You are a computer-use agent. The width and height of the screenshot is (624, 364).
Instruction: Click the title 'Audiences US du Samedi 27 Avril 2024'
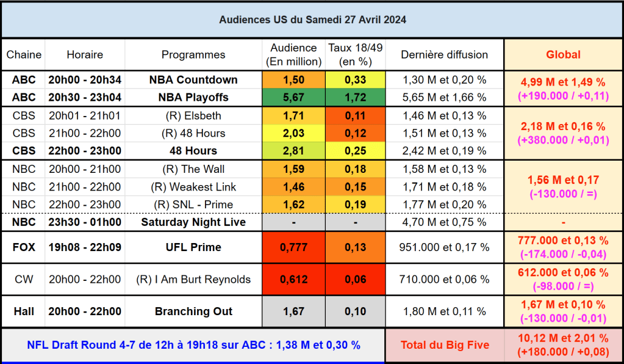pos(312,20)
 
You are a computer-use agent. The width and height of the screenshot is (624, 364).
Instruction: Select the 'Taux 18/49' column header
pos(355,54)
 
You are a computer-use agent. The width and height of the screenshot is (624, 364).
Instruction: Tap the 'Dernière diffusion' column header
pos(444,54)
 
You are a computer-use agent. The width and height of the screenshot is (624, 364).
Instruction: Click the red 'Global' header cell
pos(562,54)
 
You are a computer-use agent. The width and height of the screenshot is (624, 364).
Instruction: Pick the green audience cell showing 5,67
pos(293,97)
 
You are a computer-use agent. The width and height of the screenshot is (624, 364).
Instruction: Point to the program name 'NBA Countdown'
pos(193,80)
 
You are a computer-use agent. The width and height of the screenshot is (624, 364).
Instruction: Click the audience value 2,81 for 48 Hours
pos(293,150)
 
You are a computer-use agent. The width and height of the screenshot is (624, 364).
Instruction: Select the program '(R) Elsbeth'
pos(193,115)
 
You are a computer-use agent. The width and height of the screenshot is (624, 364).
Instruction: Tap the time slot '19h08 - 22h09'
pos(85,247)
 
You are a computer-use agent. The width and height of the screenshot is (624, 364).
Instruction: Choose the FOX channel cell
pos(24,247)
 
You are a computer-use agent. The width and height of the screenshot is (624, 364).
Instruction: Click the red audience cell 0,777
pos(293,247)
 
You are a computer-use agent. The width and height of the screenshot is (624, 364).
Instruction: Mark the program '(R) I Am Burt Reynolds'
pos(193,279)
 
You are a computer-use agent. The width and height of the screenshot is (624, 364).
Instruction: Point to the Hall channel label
pos(24,311)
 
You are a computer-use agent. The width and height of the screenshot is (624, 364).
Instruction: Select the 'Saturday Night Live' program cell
pos(193,222)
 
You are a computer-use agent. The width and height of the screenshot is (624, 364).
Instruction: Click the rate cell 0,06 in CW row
pos(355,279)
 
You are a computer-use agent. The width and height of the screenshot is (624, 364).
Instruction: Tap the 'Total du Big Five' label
pos(445,345)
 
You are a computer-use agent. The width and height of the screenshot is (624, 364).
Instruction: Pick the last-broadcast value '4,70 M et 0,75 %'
pos(444,222)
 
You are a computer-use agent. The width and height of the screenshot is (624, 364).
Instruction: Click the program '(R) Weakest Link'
pos(193,187)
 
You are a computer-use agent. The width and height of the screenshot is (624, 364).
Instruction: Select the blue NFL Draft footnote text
pos(193,345)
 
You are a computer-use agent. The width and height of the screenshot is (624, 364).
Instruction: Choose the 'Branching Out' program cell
pos(193,311)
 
